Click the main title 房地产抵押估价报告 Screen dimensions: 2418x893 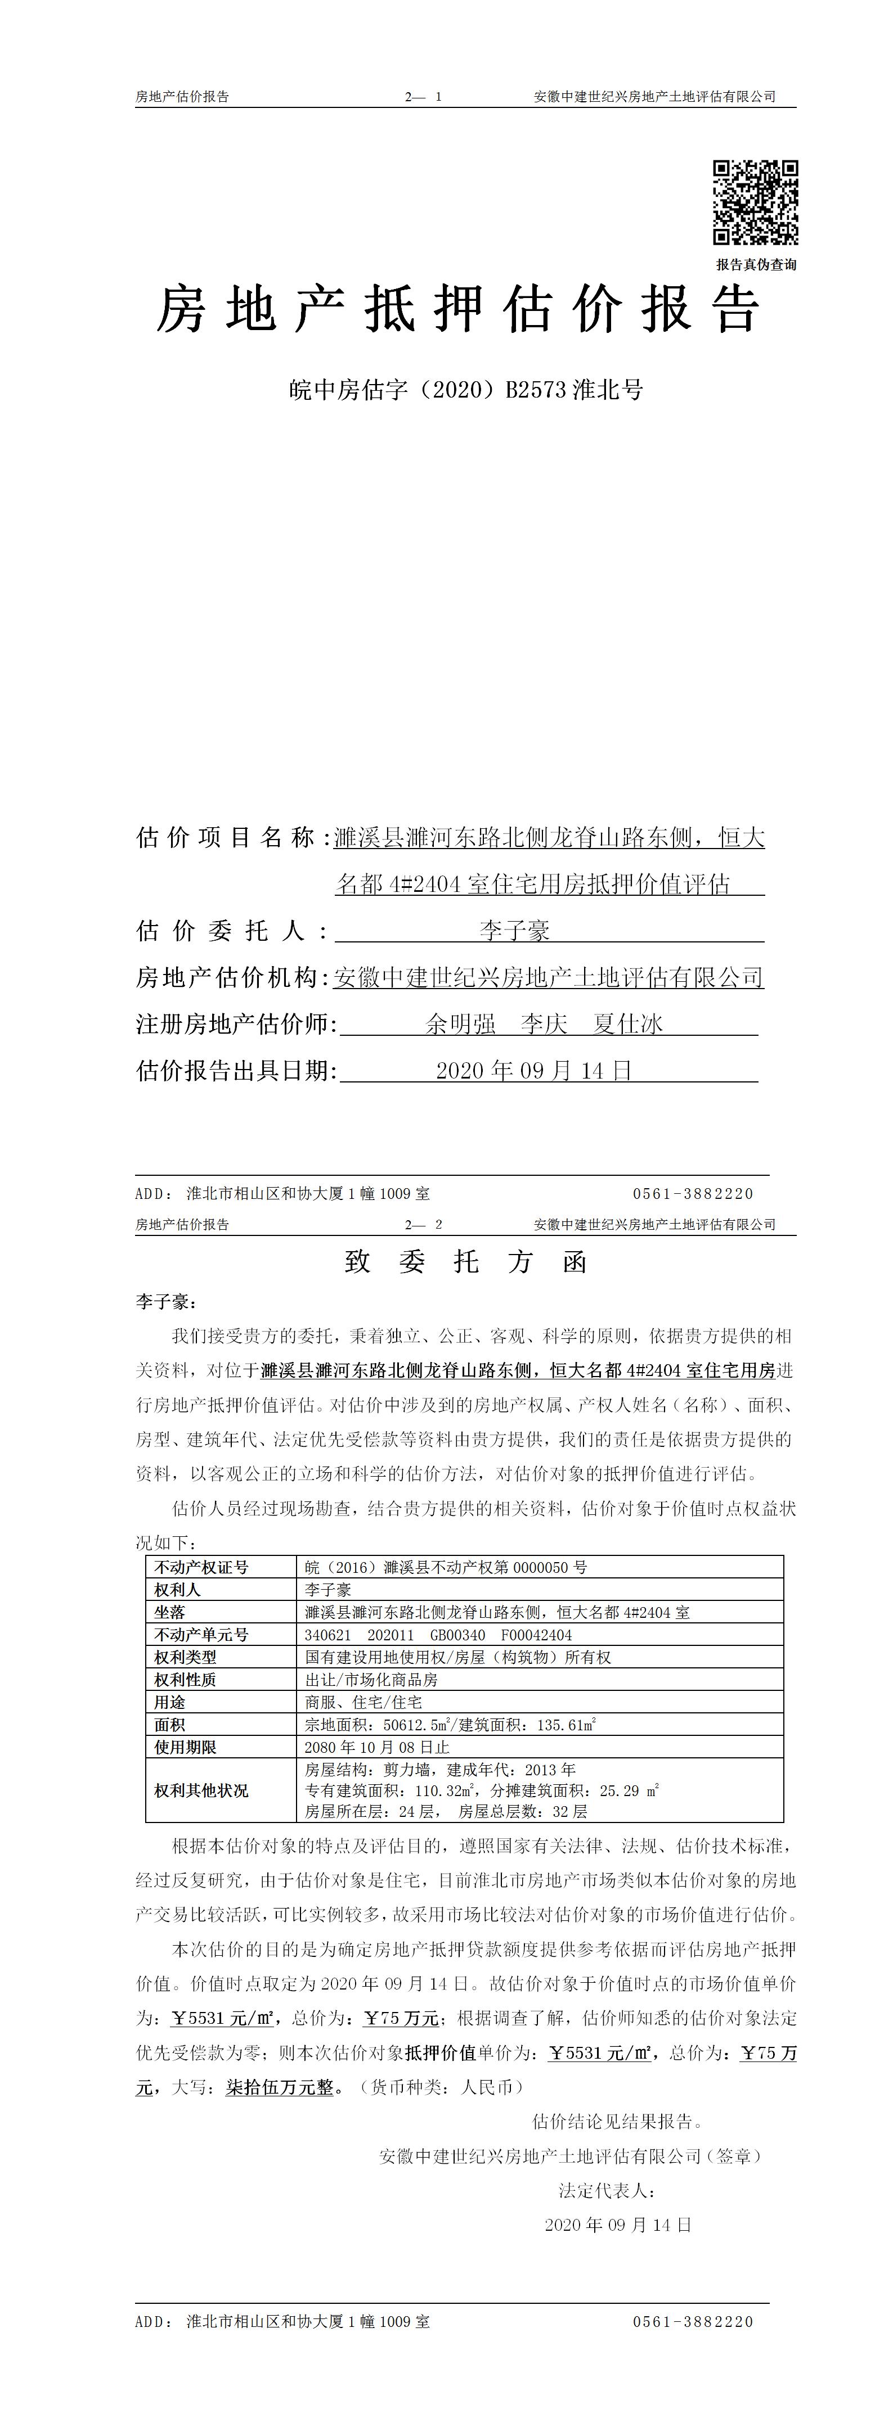457,310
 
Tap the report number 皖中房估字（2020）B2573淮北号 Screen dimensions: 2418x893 466,390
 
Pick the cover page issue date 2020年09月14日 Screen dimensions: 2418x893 535,1070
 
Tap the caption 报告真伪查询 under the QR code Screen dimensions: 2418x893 756,265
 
